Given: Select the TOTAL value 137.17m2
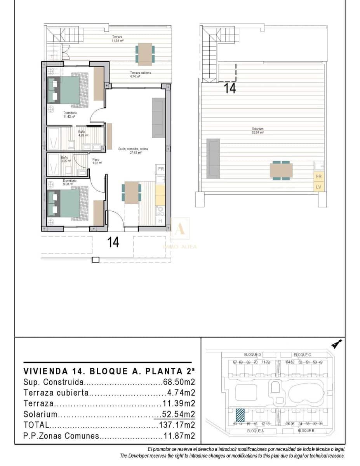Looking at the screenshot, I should coord(177,425).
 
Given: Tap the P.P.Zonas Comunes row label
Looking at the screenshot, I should coord(61,436).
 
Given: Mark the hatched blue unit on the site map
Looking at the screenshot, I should coord(241,415).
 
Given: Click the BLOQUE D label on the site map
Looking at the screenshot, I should coord(253,355).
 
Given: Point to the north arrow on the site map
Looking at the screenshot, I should coord(336,344).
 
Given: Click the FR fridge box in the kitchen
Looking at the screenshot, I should coord(160,169).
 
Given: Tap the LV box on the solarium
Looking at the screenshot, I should coord(319,187).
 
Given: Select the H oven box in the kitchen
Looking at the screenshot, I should coord(160,221).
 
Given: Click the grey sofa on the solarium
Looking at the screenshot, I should coord(213,158).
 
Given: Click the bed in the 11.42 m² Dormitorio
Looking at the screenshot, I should coord(68,90).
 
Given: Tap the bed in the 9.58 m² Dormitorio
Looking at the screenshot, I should coord(68,204).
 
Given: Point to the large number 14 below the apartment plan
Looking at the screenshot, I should coord(113,243).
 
